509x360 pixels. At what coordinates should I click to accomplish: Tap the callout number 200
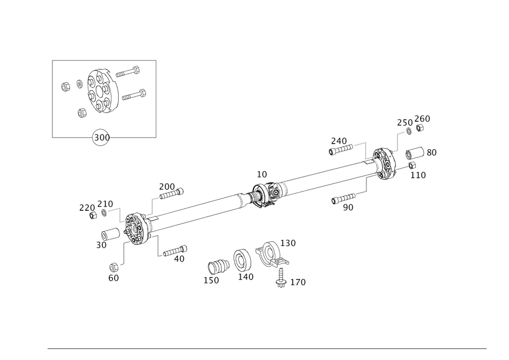click(x=166, y=185)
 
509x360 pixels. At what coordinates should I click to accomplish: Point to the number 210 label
click(x=105, y=204)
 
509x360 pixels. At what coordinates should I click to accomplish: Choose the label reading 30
click(x=101, y=244)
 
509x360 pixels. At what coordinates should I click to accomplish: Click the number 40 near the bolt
click(x=179, y=258)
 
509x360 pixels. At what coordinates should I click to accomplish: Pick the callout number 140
click(x=246, y=276)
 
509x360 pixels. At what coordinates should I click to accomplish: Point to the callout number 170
click(x=298, y=282)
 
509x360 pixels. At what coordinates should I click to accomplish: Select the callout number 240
click(x=338, y=141)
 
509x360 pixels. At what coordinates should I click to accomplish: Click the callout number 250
click(x=405, y=123)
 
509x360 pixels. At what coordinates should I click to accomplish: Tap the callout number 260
click(x=422, y=118)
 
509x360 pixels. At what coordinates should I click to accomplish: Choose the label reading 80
click(x=431, y=152)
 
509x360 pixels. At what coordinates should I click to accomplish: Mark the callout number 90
click(x=348, y=207)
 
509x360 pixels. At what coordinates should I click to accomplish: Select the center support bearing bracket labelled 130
click(x=270, y=253)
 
